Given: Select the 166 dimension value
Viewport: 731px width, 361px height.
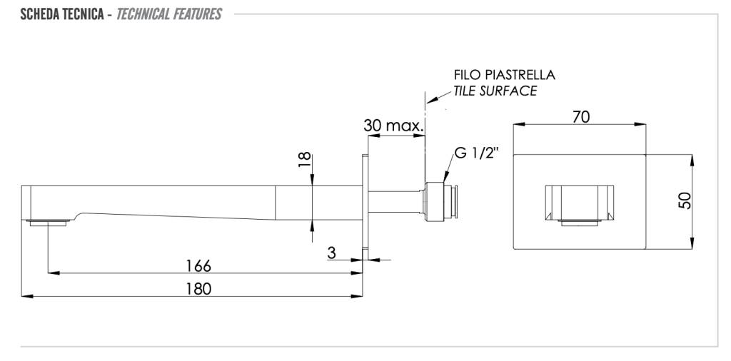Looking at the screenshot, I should tap(198, 265).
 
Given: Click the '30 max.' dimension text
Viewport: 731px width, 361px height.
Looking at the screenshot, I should tap(393, 126).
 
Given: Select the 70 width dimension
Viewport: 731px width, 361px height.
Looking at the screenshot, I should tap(580, 117).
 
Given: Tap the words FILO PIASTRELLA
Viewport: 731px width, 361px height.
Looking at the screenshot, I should tap(504, 75).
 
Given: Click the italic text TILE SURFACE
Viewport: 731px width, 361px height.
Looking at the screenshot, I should tap(495, 91).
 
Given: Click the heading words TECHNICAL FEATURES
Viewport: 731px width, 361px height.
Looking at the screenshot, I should tap(168, 14).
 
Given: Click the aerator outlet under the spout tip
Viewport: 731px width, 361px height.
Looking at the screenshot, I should tap(48, 223).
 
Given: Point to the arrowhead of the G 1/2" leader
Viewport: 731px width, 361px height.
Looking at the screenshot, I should tap(445, 180).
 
